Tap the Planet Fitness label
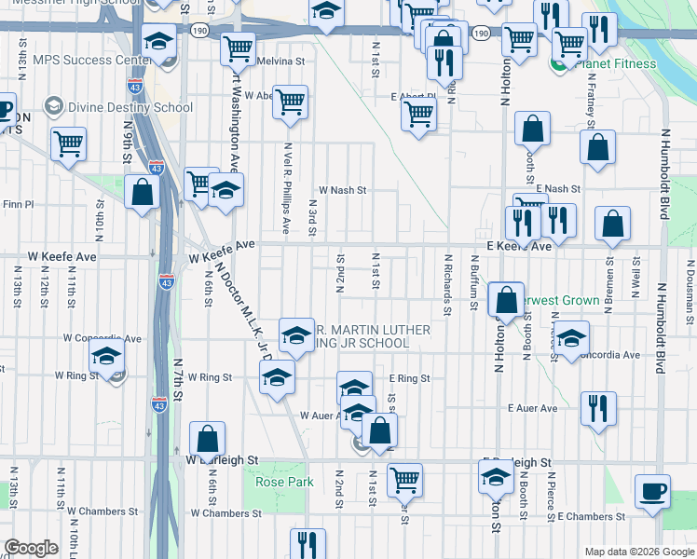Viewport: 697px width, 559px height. [x=616, y=64]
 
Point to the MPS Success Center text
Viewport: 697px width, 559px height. [x=91, y=61]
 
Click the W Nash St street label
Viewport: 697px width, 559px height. [x=343, y=189]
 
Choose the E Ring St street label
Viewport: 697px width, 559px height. [x=409, y=378]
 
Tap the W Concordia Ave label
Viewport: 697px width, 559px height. [x=102, y=338]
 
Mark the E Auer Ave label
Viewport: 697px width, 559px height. [x=532, y=408]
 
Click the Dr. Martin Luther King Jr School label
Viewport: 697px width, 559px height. [x=373, y=336]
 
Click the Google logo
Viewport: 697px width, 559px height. [x=32, y=548]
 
